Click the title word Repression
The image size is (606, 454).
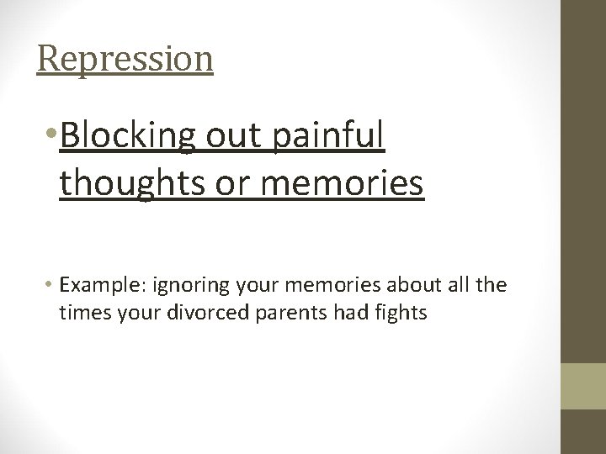(x=125, y=59)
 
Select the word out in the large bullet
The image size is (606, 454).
(x=226, y=137)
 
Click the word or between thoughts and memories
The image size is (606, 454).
(x=225, y=184)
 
